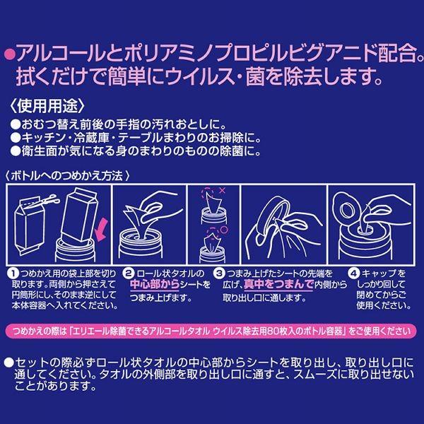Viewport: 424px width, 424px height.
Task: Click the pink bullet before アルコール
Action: click(11, 52)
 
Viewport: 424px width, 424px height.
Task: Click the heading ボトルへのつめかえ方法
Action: click(71, 174)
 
